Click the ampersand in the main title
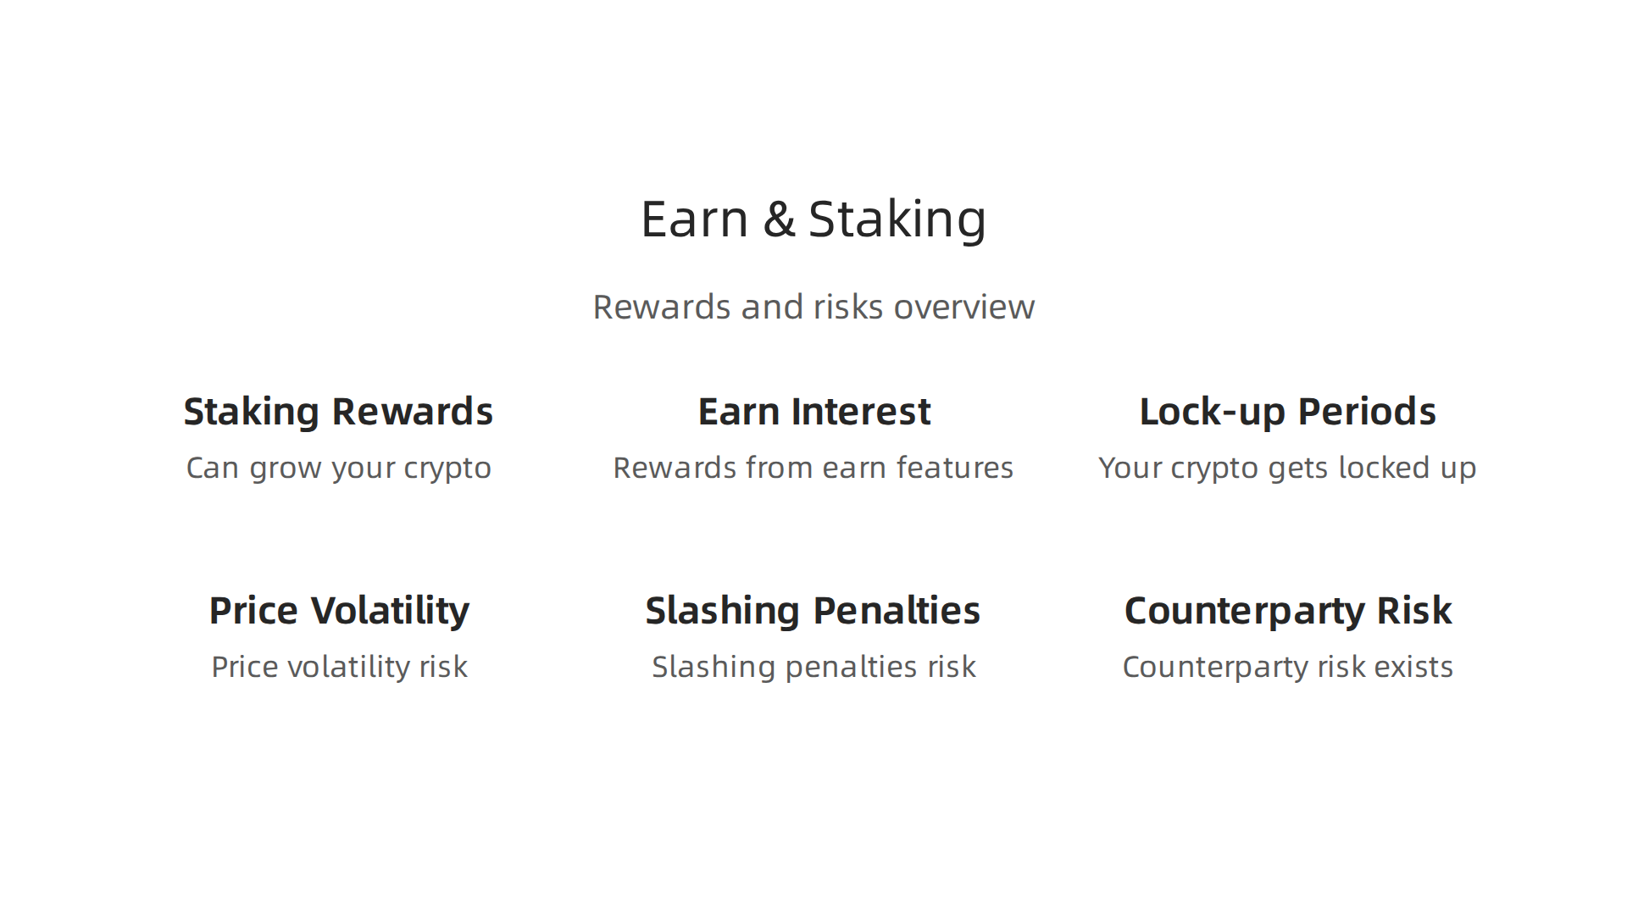pos(779,219)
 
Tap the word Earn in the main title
pos(694,219)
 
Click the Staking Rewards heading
pos(338,412)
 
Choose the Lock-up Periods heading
pos(1287,412)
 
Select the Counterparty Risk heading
pos(1287,611)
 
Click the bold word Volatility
pos(390,611)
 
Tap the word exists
pos(1413,667)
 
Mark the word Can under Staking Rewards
pos(212,468)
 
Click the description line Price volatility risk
pos(339,667)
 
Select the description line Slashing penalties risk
pos(813,667)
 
